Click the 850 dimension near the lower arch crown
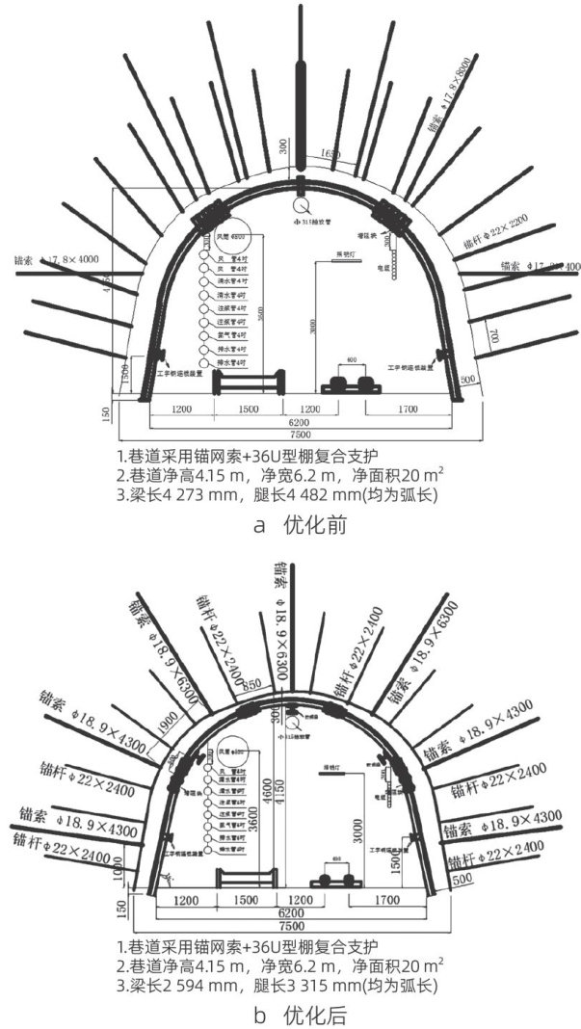tap(252, 686)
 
